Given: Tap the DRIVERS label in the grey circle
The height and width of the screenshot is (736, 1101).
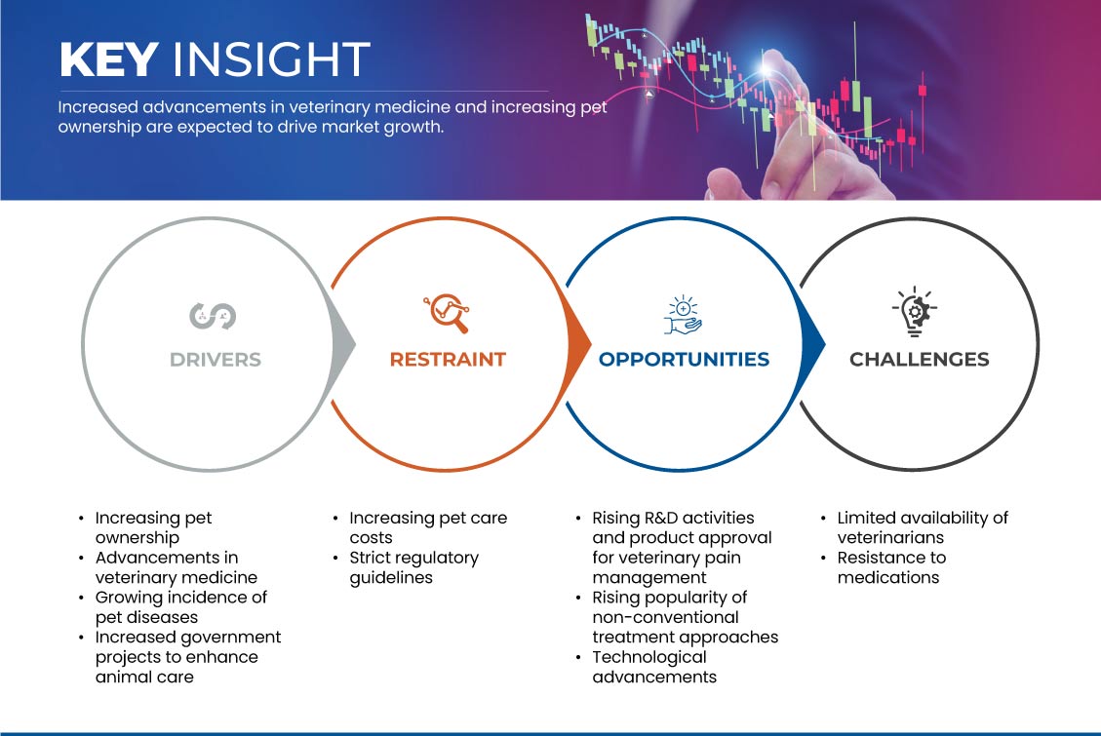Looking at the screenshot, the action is (215, 360).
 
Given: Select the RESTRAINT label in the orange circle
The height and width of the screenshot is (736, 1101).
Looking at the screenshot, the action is (448, 360).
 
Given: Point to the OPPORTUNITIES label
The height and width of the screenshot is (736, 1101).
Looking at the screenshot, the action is (684, 360).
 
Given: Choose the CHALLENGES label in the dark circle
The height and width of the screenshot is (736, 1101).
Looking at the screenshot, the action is (920, 360).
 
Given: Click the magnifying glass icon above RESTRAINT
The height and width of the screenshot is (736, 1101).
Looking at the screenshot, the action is (447, 313).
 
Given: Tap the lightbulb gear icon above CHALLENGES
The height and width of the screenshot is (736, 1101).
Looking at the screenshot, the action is (914, 312).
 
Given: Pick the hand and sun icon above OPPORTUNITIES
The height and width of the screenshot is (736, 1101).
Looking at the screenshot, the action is (683, 315).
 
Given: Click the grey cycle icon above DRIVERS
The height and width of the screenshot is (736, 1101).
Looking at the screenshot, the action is (213, 316).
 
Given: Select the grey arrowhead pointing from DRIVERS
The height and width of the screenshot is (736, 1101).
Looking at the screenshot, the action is (343, 344).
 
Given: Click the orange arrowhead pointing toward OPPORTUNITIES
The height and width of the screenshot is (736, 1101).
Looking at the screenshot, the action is (578, 344).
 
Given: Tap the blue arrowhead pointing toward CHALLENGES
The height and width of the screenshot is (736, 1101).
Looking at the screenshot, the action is (813, 344).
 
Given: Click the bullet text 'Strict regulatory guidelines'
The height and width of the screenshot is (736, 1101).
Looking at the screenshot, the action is (413, 567).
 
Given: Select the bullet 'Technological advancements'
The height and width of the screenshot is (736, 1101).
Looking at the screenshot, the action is (654, 667).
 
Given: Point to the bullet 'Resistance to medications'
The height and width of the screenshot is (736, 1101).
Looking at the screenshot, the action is (891, 567).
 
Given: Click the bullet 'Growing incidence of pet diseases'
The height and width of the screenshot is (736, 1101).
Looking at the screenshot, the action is (181, 607).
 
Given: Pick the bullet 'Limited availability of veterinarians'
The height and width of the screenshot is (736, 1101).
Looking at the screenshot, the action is (923, 527).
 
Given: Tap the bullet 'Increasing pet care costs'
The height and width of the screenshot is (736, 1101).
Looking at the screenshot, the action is (428, 527).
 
